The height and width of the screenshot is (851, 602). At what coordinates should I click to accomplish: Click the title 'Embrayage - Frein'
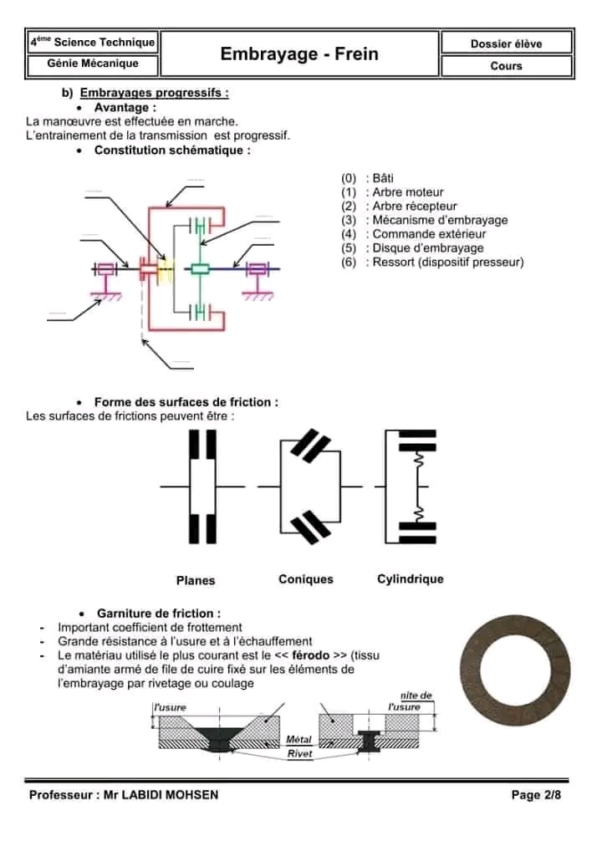coord(299,54)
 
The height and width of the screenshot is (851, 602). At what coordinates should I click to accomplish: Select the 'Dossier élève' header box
coord(506,43)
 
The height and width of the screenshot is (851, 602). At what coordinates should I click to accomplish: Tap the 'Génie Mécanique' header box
coord(93,64)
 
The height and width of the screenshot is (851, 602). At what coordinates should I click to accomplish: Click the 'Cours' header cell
coord(506,66)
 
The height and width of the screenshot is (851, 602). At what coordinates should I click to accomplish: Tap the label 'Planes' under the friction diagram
coord(196,580)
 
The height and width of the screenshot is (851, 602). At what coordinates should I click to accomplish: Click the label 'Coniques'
coord(306,579)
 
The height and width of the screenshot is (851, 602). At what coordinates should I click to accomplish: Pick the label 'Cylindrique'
coord(410,579)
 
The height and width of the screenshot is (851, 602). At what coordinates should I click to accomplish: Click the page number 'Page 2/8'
coord(535,795)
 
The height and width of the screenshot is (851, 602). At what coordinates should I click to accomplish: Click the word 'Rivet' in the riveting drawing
coord(299,753)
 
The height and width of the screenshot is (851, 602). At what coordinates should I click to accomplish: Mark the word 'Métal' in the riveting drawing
coord(298,740)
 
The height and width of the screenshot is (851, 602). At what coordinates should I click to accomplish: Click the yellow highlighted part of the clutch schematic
coord(165,269)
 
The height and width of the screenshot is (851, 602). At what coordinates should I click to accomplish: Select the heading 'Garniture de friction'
coord(159,613)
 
